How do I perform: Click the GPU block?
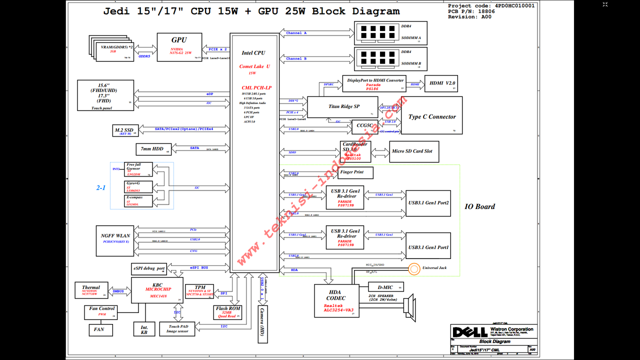tap(179, 47)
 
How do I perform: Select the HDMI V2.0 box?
tap(440, 83)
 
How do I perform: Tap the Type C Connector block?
tap(432, 116)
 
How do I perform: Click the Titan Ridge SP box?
tap(343, 107)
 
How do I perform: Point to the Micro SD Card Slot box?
tap(414, 151)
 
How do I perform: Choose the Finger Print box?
tap(356, 172)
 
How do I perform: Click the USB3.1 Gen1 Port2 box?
tap(428, 203)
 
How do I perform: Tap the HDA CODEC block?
tap(336, 300)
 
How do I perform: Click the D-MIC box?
tap(385, 287)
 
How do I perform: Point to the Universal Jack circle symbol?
tap(414, 268)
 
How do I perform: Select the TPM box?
tap(200, 291)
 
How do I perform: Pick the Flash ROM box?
tap(228, 312)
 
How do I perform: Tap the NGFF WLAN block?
tap(115, 238)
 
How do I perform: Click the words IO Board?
tap(479, 206)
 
